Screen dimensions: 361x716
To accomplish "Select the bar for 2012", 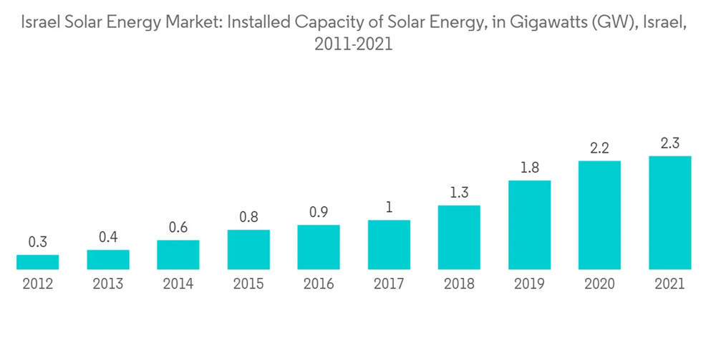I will tap(37, 262).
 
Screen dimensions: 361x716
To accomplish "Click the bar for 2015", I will tap(248, 250).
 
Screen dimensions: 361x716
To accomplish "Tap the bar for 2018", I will tap(459, 238).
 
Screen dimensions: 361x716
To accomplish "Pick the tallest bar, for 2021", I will tap(669, 213).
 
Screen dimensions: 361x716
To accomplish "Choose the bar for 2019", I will tap(529, 225).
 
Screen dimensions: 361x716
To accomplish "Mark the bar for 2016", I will tap(319, 247).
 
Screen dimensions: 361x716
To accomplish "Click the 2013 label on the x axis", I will tap(107, 284).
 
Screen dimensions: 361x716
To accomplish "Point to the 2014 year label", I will tap(178, 284).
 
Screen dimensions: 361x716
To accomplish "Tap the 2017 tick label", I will tap(389, 284).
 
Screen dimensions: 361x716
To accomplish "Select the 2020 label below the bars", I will tap(599, 284).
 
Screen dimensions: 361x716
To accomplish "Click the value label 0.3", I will tap(37, 242).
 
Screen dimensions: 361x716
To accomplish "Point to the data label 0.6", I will tap(178, 227).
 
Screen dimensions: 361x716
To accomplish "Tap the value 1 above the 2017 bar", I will tap(389, 207).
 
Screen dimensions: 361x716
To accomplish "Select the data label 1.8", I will tap(529, 168).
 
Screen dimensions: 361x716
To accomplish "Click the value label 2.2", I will tap(599, 148).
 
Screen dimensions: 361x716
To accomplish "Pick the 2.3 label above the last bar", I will tap(669, 143).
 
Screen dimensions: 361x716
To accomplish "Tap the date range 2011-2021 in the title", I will tap(354, 44).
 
